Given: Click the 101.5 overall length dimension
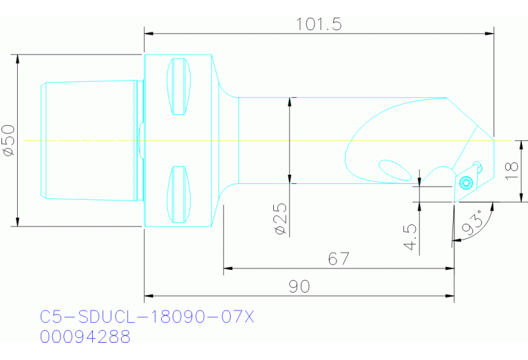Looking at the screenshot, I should coord(319,24).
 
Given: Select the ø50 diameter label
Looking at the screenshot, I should coord(9,140).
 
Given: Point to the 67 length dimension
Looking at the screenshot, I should coord(338,259).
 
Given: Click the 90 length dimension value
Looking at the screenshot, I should coord(299,286).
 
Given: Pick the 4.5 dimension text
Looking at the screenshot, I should coord(412,236).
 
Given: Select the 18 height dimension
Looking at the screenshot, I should coord(510,170).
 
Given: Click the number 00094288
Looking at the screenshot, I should coord(85,337).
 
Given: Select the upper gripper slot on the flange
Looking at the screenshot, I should coord(179,87).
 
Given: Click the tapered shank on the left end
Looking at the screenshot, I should coord(89,140).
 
